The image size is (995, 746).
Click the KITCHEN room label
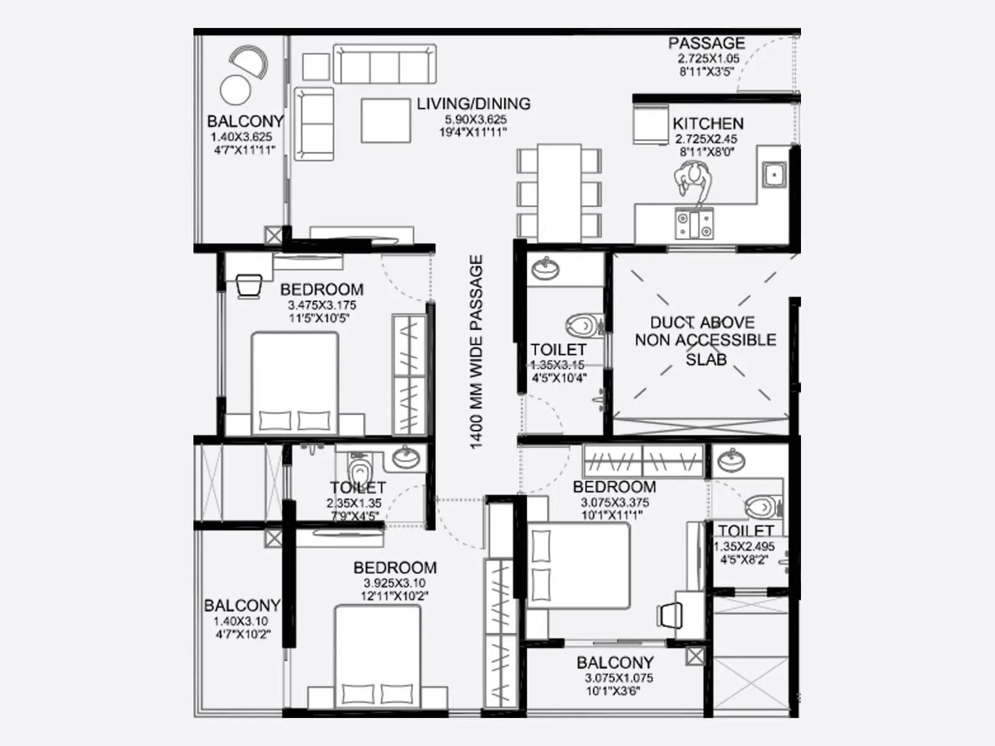pos(708,123)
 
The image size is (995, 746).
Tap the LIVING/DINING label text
pos(474,104)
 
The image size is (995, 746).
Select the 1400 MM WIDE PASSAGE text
pos(476,352)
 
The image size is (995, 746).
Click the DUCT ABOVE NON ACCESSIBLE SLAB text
pos(705,340)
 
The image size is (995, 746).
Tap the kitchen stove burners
pos(695,224)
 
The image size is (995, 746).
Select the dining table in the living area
pos(559,193)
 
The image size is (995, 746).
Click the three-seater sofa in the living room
pos(384,63)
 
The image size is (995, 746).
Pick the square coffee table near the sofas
pos(386,120)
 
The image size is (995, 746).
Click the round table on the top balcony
pos(235,90)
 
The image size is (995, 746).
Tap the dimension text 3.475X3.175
pos(322,305)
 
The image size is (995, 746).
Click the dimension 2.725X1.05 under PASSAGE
pos(708,58)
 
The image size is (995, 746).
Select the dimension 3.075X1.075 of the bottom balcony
pos(618,678)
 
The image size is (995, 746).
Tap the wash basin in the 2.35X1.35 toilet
pos(405,458)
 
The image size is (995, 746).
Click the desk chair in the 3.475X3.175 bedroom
pos(249,285)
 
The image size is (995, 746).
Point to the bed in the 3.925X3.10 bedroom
pos(377,656)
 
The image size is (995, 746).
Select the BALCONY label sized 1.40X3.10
pos(242,605)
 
